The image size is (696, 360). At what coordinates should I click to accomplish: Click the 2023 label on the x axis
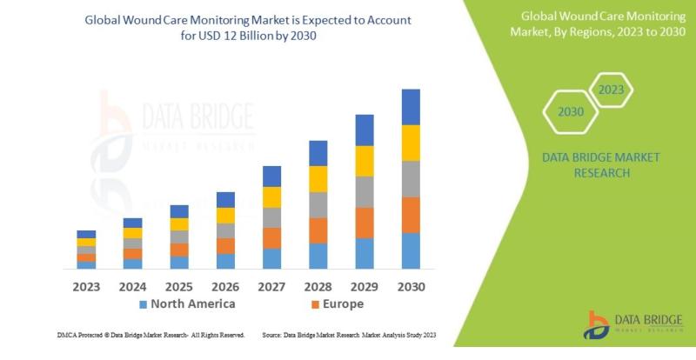coord(85,285)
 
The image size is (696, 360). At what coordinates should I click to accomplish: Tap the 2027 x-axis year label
coord(272,285)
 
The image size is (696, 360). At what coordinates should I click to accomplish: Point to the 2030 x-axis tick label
coord(412,285)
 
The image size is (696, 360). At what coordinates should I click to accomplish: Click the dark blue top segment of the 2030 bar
coord(412,107)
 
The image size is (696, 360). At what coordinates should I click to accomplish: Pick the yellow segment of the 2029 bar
coord(365,161)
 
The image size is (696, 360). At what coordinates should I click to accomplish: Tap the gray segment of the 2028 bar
coord(318,204)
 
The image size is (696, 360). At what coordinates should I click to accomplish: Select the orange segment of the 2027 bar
coord(272,238)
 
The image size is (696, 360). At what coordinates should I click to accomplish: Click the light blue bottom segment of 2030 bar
coord(412,250)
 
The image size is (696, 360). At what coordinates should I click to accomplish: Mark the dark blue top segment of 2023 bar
coord(85,234)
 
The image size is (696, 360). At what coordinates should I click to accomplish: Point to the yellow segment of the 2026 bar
coord(225,216)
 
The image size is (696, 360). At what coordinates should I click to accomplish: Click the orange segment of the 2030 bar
coord(412,215)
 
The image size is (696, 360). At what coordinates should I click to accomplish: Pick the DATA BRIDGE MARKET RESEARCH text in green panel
coord(601,164)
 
